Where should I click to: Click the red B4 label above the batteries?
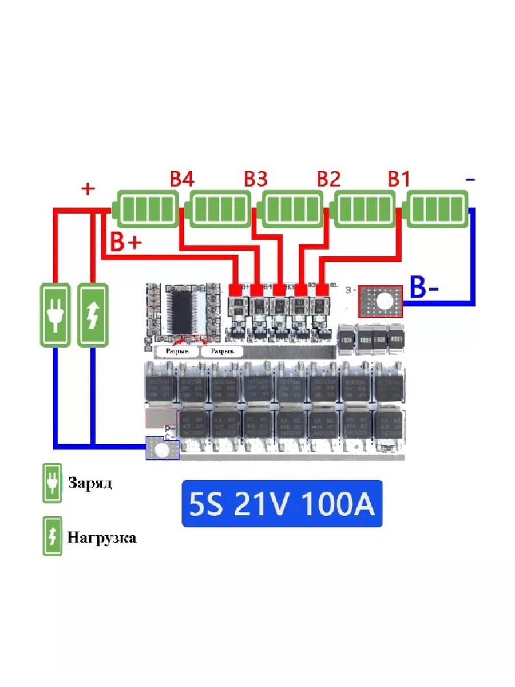point(182,179)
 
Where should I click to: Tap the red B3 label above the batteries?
point(256,179)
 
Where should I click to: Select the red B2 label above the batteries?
point(329,179)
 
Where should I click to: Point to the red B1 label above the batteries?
point(399,179)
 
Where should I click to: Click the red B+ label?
point(125,243)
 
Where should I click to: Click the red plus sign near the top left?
point(88,189)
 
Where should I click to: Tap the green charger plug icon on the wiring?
point(56,314)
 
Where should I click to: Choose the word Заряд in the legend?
point(90,483)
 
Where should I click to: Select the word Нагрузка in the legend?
point(102,538)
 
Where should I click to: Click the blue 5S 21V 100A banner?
point(282,504)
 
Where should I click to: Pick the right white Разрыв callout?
point(222,351)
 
